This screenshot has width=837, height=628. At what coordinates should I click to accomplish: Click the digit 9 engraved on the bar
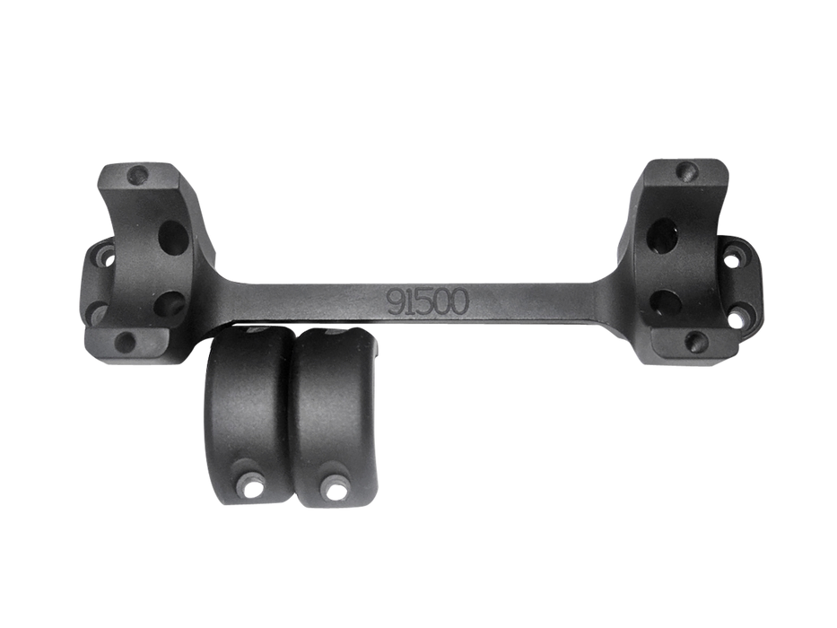click(395, 302)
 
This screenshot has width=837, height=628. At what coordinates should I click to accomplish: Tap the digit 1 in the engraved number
click(408, 302)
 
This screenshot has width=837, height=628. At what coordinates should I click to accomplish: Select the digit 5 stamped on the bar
click(422, 302)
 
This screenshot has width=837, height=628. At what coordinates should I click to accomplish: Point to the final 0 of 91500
click(458, 302)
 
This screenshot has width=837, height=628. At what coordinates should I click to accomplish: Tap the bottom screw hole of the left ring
click(125, 341)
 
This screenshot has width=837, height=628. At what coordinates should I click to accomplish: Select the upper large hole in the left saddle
click(175, 237)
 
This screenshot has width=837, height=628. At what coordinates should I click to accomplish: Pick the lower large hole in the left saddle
click(172, 304)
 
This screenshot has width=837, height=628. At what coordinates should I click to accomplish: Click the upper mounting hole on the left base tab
click(108, 258)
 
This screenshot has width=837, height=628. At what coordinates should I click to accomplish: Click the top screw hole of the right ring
click(686, 170)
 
